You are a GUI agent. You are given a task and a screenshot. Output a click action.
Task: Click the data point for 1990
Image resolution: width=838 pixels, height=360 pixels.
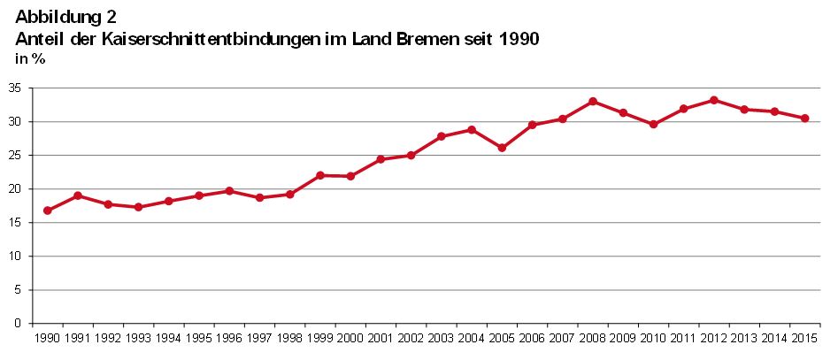pos(48,211)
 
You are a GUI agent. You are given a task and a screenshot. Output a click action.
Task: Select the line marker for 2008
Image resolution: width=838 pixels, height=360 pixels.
pos(593,102)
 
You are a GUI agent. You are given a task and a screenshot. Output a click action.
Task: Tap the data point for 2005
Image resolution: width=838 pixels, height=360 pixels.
pos(502,148)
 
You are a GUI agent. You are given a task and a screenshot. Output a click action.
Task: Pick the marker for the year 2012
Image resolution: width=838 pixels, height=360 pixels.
pos(714,100)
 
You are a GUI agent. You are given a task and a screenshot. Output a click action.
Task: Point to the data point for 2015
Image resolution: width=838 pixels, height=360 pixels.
pos(805,119)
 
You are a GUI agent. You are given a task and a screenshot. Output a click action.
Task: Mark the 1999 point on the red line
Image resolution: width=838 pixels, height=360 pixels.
pos(320,175)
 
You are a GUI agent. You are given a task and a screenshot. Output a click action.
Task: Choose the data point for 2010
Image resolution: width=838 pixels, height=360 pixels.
pos(654,125)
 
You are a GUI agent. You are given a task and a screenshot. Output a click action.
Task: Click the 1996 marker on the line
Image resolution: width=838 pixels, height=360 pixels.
pos(229,191)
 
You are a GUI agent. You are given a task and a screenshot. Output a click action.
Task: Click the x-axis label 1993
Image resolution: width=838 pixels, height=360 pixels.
pos(138,338)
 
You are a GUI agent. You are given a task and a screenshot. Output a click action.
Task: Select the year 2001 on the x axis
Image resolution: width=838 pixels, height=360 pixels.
pos(381,338)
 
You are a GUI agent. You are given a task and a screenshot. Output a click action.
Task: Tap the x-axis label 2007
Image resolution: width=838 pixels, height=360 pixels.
pos(563,338)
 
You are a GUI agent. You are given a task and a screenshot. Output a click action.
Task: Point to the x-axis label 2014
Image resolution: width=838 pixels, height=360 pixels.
pos(774,338)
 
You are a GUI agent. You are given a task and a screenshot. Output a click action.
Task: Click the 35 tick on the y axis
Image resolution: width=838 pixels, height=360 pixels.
pos(16,88)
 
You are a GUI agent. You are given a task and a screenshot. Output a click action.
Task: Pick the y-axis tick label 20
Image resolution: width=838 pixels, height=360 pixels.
pos(16,189)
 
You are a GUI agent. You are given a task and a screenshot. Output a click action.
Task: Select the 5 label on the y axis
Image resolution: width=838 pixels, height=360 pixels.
pos(19,290)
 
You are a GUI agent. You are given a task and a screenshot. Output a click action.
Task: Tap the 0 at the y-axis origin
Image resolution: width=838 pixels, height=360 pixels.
pos(19,324)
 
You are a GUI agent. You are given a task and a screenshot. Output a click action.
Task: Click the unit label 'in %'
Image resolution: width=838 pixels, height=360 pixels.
pos(31,59)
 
